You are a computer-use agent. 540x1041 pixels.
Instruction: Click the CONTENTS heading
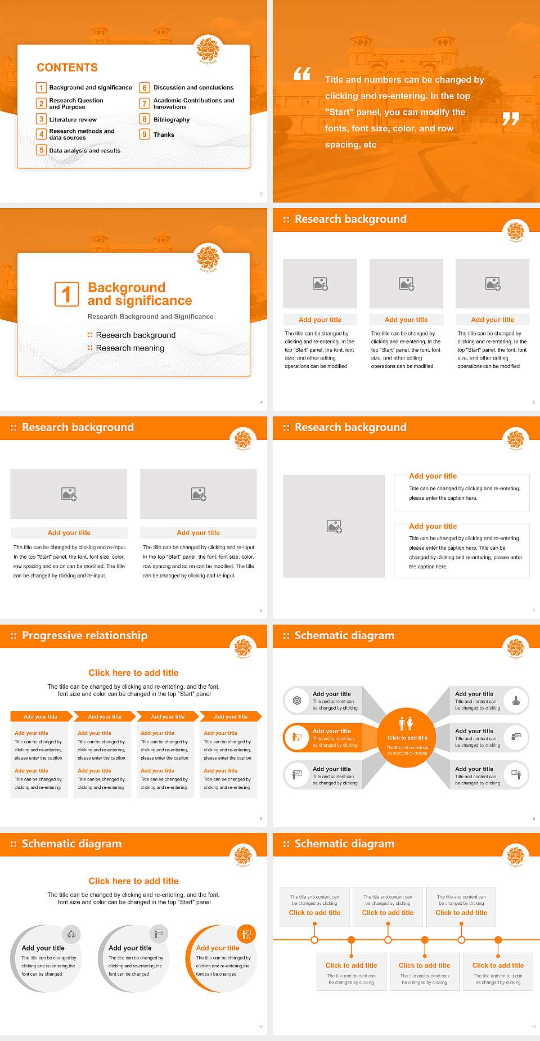(x=67, y=68)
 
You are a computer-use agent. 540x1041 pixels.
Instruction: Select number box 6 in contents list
(x=145, y=88)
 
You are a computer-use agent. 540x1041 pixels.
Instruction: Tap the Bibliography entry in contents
(x=172, y=120)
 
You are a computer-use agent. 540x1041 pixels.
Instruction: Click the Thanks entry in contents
(x=164, y=135)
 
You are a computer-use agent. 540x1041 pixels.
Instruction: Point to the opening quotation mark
(x=302, y=74)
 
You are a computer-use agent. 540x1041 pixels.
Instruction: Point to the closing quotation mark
(x=511, y=119)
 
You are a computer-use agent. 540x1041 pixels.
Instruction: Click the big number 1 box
(x=66, y=294)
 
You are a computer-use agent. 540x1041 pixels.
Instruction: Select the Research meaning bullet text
(x=130, y=348)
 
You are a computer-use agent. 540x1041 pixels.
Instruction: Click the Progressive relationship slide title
(x=84, y=635)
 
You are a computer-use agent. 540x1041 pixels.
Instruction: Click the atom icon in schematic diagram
(x=297, y=701)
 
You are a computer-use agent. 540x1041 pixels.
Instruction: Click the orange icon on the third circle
(x=246, y=935)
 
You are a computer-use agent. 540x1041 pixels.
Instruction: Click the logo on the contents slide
(x=208, y=51)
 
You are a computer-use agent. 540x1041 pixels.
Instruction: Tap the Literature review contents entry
(x=73, y=120)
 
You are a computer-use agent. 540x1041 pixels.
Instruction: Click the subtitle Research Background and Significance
(x=150, y=317)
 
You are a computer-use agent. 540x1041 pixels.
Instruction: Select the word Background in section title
(x=127, y=288)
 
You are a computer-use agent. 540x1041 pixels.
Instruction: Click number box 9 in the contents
(x=145, y=134)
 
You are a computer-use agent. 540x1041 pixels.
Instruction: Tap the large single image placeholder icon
(x=334, y=527)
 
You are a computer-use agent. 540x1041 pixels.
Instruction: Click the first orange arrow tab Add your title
(x=40, y=716)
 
